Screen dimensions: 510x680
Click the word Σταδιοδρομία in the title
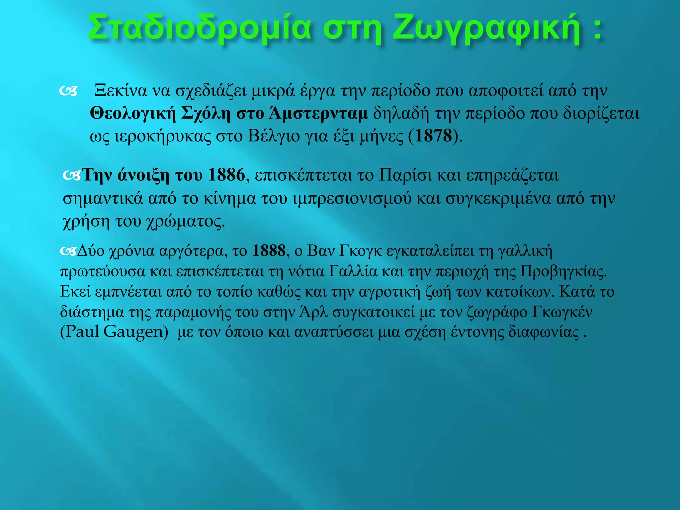pos(199,28)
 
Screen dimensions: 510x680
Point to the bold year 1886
pos(226,175)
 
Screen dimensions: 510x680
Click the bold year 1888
pos(269,251)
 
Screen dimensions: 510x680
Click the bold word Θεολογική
pos(133,114)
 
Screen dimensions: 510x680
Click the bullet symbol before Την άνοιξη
pos(72,176)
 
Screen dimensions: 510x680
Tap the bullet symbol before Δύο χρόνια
pos(68,251)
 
